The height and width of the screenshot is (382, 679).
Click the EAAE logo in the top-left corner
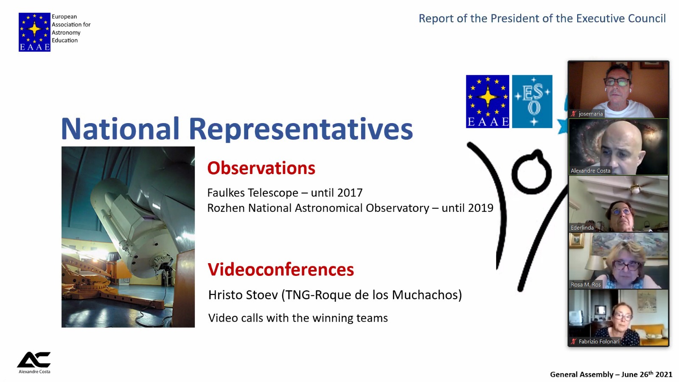coord(34,32)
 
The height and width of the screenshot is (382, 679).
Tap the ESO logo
coord(532,101)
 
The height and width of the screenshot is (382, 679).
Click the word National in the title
coord(121,129)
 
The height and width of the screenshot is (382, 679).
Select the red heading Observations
coord(261,168)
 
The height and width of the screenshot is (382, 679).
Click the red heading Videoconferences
coord(281,269)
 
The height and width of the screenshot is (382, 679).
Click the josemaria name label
coord(590,114)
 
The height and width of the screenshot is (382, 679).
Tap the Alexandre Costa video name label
coord(590,171)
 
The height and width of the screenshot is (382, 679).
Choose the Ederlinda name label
coord(582,228)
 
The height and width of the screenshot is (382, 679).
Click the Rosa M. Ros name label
coord(586,285)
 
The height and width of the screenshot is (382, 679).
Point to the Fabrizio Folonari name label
coord(599,342)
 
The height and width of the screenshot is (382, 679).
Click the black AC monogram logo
coord(34,360)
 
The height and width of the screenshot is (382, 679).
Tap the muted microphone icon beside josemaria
coord(573,114)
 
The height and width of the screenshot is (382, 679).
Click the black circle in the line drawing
coord(532,172)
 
